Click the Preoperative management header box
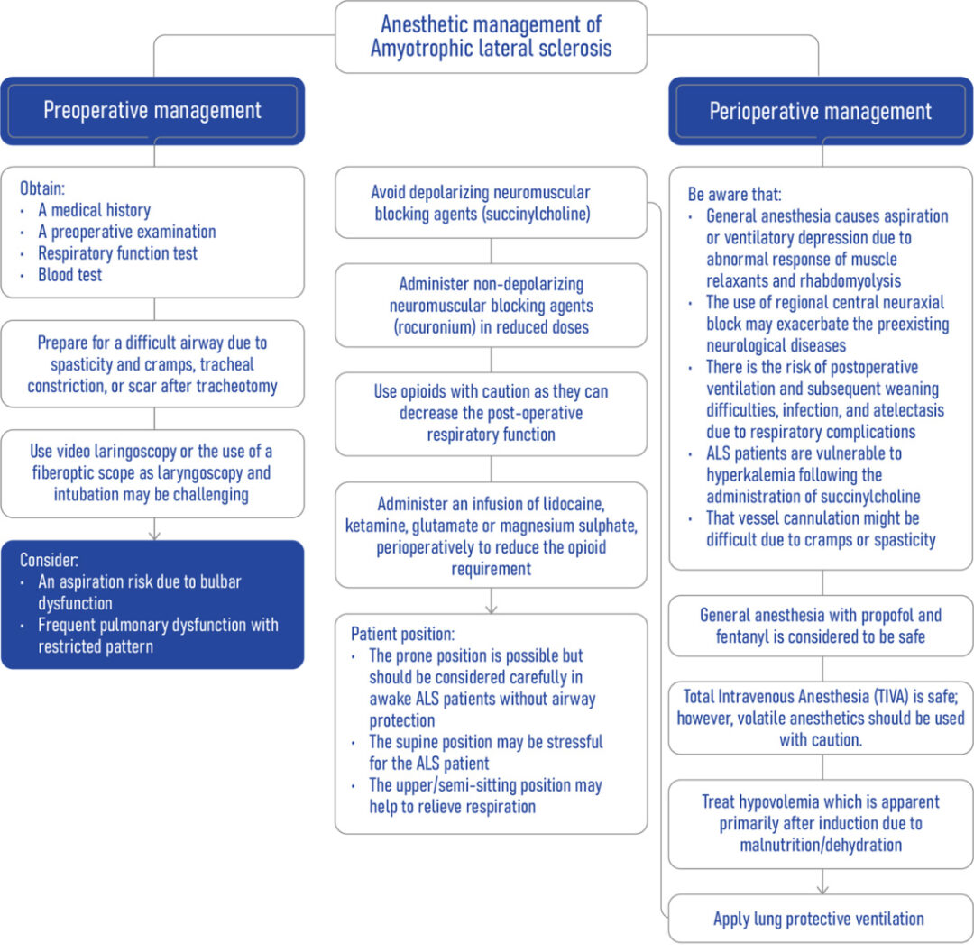[152, 111]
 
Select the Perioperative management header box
[820, 111]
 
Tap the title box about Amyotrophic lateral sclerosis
[491, 37]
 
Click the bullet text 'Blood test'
[70, 275]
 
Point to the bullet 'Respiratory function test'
[117, 253]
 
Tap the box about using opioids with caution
[491, 414]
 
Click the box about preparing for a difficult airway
[152, 364]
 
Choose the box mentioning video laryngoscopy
[152, 472]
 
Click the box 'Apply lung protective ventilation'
[819, 919]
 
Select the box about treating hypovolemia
[820, 823]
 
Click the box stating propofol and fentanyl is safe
[820, 626]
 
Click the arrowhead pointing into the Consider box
[153, 535]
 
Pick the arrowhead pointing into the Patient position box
[491, 608]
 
